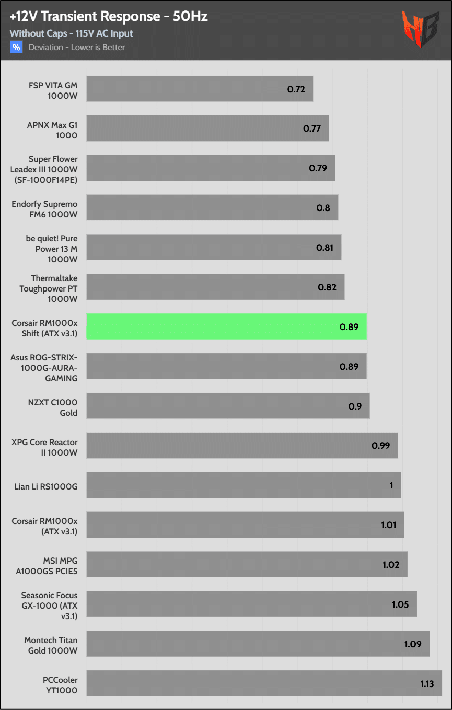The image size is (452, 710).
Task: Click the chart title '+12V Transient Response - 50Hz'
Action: tap(109, 17)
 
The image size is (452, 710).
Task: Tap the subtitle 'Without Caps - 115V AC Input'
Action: tap(71, 33)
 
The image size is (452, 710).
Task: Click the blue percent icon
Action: tap(16, 48)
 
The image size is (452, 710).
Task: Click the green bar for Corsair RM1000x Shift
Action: tap(226, 327)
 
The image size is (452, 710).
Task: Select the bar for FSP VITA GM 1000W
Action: tap(199, 89)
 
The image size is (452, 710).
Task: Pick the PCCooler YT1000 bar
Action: tap(264, 683)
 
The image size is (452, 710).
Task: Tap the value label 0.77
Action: tap(312, 129)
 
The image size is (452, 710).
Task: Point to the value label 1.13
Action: tap(427, 683)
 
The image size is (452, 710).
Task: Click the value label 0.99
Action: tap(381, 446)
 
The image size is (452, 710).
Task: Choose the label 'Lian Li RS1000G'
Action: tap(46, 487)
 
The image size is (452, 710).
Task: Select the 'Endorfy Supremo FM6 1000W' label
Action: tap(45, 209)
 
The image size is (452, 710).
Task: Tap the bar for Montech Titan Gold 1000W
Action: tap(258, 644)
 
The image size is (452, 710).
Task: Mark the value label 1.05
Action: tap(400, 604)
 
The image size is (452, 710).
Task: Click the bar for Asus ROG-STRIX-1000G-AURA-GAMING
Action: tap(226, 366)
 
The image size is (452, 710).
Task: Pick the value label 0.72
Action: tap(296, 89)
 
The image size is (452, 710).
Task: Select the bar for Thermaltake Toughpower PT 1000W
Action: tap(215, 287)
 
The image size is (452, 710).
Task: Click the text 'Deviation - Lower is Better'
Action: tap(77, 48)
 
